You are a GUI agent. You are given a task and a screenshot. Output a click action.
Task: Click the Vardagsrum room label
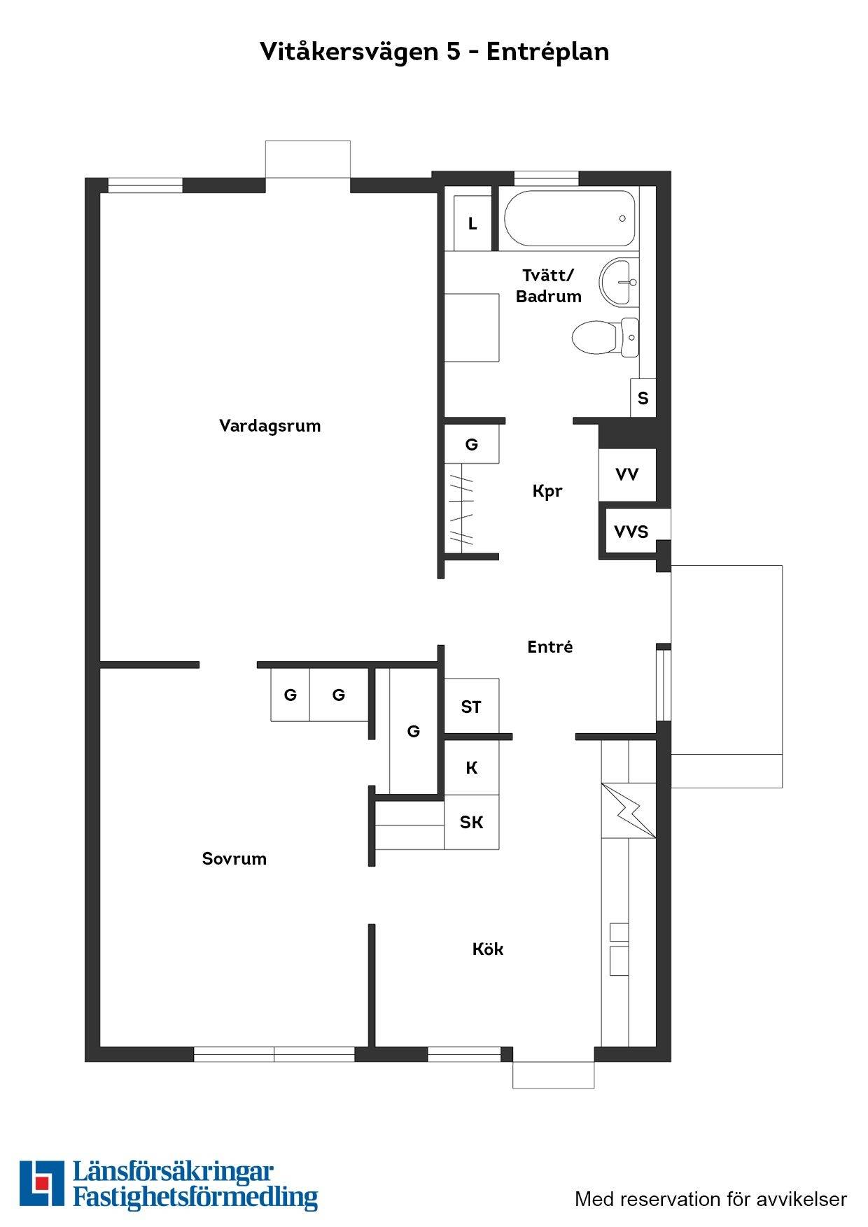click(270, 426)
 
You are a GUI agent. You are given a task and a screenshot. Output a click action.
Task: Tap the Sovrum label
click(234, 859)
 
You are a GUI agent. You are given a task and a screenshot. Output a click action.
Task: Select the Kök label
click(488, 949)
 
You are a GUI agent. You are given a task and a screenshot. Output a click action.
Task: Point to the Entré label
click(550, 647)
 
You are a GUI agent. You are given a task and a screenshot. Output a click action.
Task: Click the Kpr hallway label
click(547, 491)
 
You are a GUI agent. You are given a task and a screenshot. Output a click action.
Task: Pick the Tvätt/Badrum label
click(549, 286)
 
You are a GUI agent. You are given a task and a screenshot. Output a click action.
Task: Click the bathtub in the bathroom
click(570, 219)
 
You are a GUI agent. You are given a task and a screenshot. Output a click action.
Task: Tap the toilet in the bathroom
click(605, 337)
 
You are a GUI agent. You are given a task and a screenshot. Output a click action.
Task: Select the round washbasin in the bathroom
click(619, 282)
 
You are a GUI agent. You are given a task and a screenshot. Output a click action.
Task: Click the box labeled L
click(473, 223)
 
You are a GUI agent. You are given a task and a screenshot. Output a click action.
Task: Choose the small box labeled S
click(643, 398)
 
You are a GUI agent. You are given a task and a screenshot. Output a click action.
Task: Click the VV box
click(627, 474)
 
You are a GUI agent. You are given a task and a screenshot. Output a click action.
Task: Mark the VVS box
click(631, 532)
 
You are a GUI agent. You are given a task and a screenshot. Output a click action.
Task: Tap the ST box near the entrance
click(472, 707)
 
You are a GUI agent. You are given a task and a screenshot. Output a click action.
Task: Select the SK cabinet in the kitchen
click(472, 822)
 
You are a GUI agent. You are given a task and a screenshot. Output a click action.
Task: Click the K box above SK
click(472, 767)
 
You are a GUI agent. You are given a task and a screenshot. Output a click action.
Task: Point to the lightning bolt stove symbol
click(629, 810)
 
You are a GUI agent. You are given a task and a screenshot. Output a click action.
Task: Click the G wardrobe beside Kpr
click(472, 444)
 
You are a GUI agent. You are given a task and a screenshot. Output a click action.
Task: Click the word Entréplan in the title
click(547, 52)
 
